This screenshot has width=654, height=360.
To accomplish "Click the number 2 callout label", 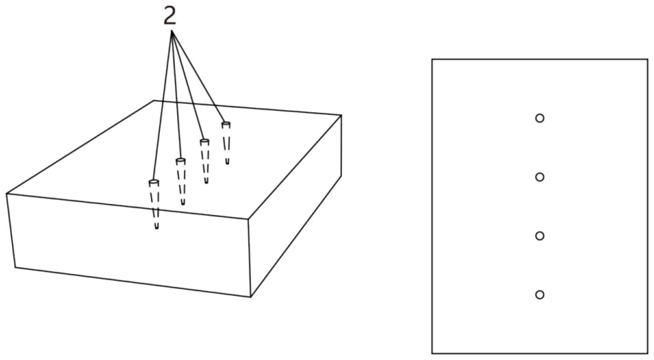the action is pyautogui.click(x=170, y=17).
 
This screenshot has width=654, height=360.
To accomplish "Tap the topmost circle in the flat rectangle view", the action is pyautogui.click(x=539, y=118).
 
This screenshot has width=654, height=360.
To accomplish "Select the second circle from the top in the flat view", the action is pyautogui.click(x=539, y=177).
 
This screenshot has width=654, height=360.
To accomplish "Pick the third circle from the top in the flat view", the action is pyautogui.click(x=539, y=236).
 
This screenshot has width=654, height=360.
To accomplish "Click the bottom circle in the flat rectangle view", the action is pyautogui.click(x=539, y=295).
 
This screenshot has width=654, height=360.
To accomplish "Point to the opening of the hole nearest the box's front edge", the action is pyautogui.click(x=154, y=182).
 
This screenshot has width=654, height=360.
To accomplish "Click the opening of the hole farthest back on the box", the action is pyautogui.click(x=226, y=124).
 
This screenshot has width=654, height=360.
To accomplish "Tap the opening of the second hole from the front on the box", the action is pyautogui.click(x=181, y=161).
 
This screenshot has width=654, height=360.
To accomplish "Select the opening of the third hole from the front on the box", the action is pyautogui.click(x=204, y=141).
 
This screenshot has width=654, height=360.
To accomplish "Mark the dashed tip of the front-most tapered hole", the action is pyautogui.click(x=156, y=227).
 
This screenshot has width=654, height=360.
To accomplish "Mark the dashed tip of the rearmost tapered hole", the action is pyautogui.click(x=227, y=162).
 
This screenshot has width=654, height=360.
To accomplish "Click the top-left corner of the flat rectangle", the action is pyautogui.click(x=432, y=60).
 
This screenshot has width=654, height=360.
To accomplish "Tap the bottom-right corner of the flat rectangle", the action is pyautogui.click(x=647, y=353).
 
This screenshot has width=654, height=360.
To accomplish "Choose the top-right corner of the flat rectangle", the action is pyautogui.click(x=647, y=60).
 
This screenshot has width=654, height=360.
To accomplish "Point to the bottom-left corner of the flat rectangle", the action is pyautogui.click(x=432, y=353).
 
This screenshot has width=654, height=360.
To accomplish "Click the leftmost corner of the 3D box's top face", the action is pyautogui.click(x=7, y=194).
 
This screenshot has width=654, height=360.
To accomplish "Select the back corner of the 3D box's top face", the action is pyautogui.click(x=154, y=101).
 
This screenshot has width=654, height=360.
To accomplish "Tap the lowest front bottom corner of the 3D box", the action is pyautogui.click(x=251, y=296).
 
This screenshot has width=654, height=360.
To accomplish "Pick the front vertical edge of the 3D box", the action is pyautogui.click(x=249, y=257).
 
